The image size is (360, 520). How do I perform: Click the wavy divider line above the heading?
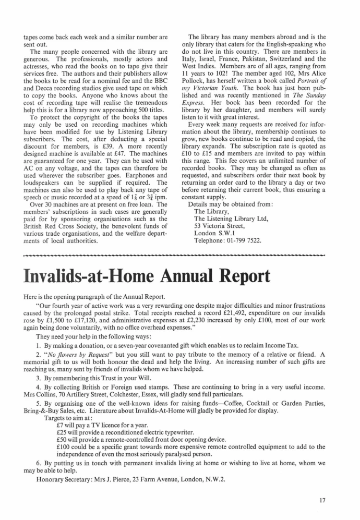[175, 256]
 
